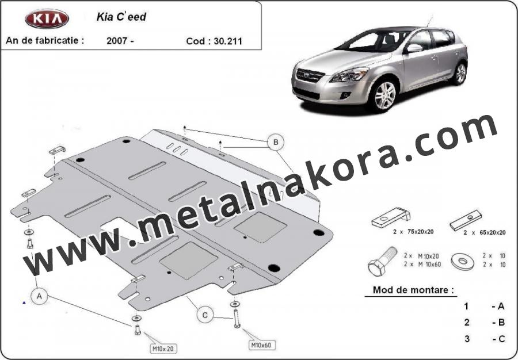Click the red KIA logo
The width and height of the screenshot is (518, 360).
(x=47, y=19)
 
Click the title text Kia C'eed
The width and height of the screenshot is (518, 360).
(x=121, y=17)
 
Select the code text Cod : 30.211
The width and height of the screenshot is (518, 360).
(x=214, y=41)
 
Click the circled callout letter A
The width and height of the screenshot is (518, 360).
(x=39, y=296)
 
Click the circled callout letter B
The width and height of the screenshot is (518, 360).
(x=276, y=142)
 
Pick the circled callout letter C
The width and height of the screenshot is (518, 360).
(x=205, y=315)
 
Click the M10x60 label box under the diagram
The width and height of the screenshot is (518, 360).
(x=262, y=345)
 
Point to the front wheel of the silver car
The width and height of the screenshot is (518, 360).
(x=385, y=95)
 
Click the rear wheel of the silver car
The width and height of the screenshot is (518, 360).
(x=460, y=73)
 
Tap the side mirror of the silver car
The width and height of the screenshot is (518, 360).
(x=414, y=48)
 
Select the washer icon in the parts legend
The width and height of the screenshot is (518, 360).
(x=463, y=262)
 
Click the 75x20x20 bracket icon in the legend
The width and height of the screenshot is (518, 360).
(x=391, y=217)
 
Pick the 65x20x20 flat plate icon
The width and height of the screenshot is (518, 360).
(x=466, y=220)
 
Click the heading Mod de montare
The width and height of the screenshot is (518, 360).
(x=413, y=290)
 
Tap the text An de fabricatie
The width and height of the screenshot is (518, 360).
(x=45, y=40)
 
